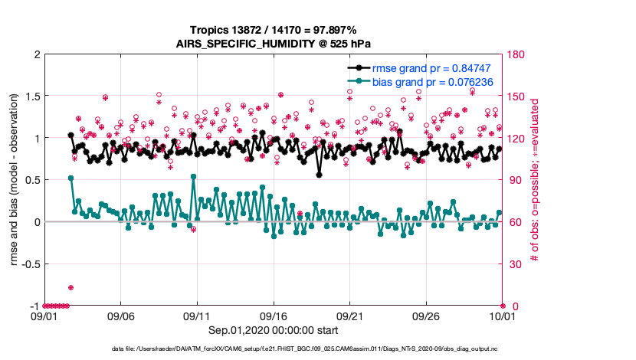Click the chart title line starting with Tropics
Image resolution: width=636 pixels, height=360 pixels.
pyautogui.click(x=274, y=30)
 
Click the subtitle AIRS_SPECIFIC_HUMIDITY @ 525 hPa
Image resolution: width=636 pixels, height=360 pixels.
pyautogui.click(x=274, y=44)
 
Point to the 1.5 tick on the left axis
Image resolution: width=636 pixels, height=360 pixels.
pyautogui.click(x=31, y=97)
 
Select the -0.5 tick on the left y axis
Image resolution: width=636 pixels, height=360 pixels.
pyautogui.click(x=29, y=264)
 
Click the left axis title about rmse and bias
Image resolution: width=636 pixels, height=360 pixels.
pyautogui.click(x=15, y=180)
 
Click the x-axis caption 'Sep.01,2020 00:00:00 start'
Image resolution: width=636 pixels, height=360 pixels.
pyautogui.click(x=274, y=330)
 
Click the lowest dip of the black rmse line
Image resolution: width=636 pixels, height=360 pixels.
pyautogui.click(x=319, y=175)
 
